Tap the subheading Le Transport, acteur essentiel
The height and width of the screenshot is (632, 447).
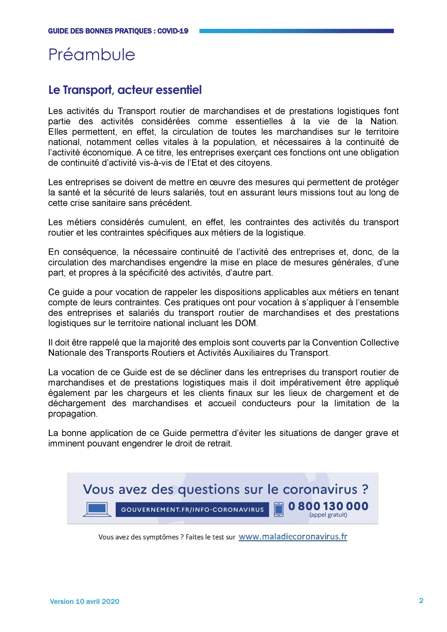pyautogui.click(x=125, y=90)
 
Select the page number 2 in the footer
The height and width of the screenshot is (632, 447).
pyautogui.click(x=421, y=601)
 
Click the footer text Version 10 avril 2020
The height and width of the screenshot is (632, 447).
pyautogui.click(x=84, y=601)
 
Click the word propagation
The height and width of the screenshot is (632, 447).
pyautogui.click(x=72, y=414)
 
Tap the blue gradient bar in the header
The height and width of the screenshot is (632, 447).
pyautogui.click(x=296, y=31)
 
